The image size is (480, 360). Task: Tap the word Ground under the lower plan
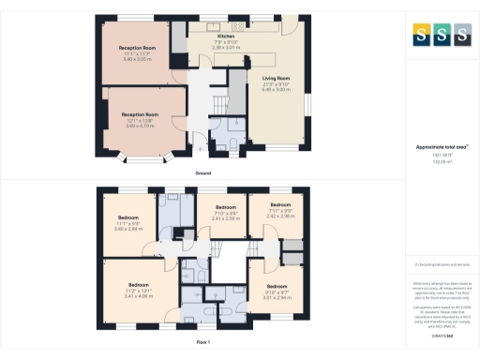click(202, 173)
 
